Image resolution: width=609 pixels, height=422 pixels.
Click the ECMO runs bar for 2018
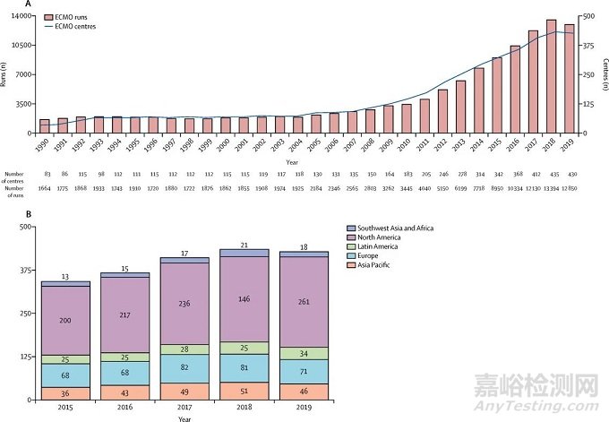(551, 76)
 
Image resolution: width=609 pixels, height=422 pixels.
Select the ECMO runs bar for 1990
(45, 125)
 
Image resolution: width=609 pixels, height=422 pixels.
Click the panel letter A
(29, 4)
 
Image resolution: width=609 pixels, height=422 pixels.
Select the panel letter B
(29, 213)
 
